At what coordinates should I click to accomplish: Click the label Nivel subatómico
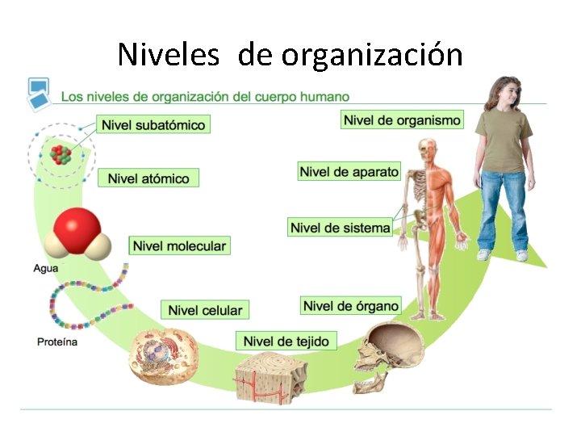(x=153, y=125)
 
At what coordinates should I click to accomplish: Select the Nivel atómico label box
(x=148, y=178)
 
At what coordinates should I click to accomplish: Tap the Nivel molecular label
(x=179, y=245)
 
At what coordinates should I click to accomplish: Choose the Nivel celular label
(x=205, y=310)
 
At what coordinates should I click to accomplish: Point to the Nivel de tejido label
(x=286, y=342)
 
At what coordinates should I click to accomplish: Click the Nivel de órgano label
(x=351, y=305)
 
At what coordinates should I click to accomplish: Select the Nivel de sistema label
(x=340, y=228)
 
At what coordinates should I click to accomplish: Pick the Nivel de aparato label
(x=349, y=172)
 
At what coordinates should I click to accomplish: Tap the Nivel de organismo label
(x=403, y=120)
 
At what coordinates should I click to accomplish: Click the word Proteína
(x=57, y=342)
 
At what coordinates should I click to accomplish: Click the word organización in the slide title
(x=373, y=55)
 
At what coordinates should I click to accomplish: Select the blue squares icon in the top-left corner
(x=37, y=93)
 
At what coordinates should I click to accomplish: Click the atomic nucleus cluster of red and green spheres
(x=61, y=153)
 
